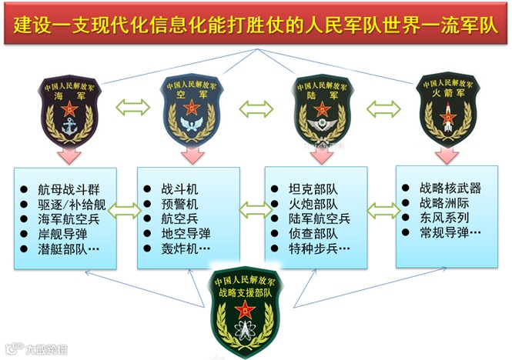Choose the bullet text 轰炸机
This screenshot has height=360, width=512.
click(x=183, y=249)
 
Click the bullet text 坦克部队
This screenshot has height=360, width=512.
click(x=313, y=189)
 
